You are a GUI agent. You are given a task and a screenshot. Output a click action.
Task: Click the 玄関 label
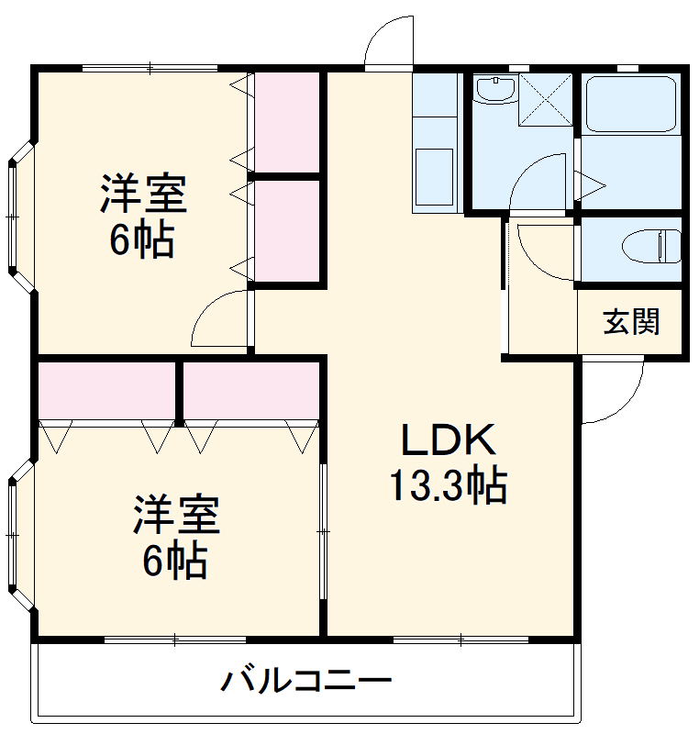(631, 322)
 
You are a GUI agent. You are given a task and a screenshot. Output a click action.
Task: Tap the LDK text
(449, 441)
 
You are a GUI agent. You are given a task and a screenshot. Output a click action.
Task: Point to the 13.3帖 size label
(449, 485)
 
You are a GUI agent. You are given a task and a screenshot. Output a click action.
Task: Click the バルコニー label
(306, 682)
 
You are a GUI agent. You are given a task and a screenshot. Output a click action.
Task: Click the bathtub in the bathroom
(632, 104)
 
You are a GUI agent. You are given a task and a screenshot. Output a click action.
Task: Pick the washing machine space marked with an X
(545, 99)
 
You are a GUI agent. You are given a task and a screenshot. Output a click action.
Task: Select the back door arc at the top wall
(387, 44)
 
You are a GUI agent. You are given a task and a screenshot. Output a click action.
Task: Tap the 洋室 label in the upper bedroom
(143, 194)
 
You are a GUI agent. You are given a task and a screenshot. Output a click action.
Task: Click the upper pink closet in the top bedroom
(285, 120)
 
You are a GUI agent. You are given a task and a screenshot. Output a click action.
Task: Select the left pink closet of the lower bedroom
(107, 389)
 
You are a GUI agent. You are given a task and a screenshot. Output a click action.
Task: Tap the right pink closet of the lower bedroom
(250, 389)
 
